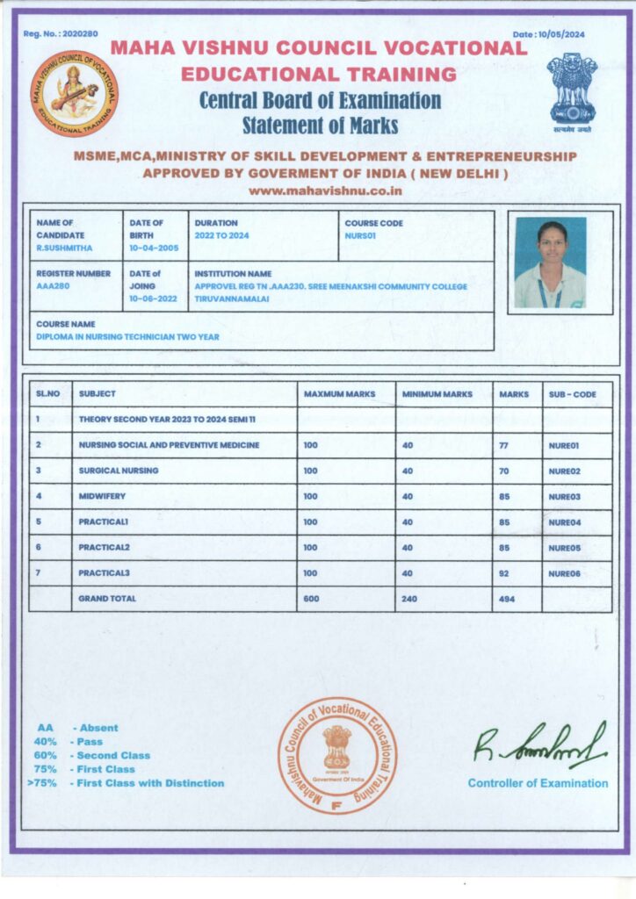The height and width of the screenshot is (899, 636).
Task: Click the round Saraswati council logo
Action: [75, 94]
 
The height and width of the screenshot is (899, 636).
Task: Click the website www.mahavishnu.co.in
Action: [325, 190]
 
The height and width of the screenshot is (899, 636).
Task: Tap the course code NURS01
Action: [361, 236]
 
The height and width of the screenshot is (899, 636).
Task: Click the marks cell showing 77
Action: [503, 446]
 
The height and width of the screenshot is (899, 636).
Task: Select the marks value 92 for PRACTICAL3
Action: [503, 572]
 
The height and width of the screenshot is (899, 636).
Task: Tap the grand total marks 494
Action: [506, 599]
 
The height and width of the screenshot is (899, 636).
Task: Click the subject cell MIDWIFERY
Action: [102, 497]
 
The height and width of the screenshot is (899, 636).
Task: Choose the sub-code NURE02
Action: [564, 471]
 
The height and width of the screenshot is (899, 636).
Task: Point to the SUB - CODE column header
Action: [572, 394]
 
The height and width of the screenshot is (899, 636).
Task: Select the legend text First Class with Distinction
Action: [150, 783]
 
